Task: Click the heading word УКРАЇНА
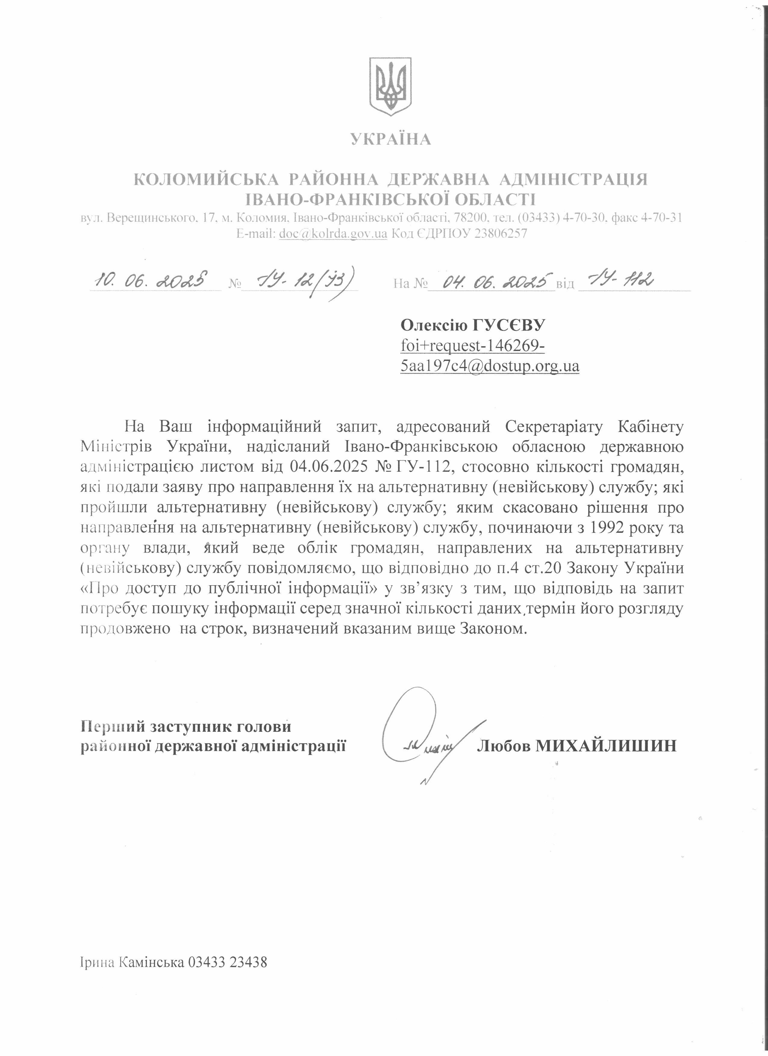pos(391,139)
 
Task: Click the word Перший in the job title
pos(110,727)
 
